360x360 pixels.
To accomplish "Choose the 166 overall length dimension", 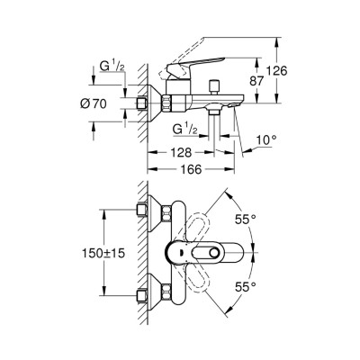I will pyautogui.click(x=186, y=168).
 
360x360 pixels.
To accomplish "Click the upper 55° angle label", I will pyautogui.click(x=246, y=219).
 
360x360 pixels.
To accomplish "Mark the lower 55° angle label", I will pyautogui.click(x=246, y=285).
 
